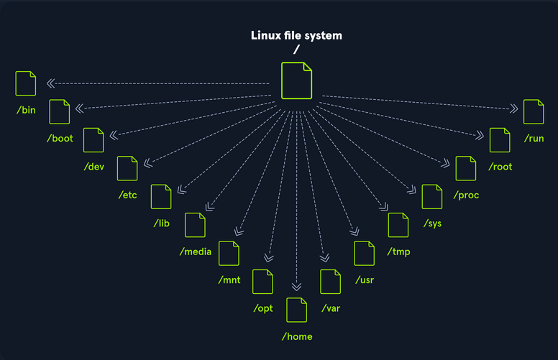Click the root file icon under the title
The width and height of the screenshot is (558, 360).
(296, 80)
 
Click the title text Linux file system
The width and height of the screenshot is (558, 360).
(296, 35)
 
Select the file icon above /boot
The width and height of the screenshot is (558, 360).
(59, 111)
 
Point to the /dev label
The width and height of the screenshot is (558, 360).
(93, 167)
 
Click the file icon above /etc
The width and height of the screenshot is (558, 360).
(127, 168)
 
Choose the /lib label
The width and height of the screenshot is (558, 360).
(160, 223)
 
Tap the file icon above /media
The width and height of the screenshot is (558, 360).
(195, 225)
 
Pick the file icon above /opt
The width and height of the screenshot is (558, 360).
(262, 282)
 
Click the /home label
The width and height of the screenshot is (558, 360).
(296, 336)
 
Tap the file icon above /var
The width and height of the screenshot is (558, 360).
(330, 282)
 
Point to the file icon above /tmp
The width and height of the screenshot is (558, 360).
(398, 225)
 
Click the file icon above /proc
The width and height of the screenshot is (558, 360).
(465, 168)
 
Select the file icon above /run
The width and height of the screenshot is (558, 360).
(534, 111)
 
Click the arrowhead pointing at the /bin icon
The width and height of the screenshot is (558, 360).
(51, 83)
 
